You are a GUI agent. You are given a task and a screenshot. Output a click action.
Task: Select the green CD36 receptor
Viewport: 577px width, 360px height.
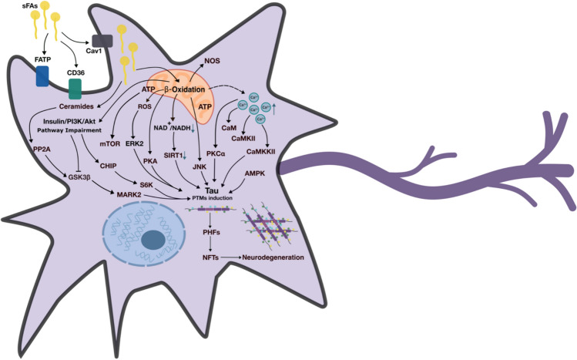75,88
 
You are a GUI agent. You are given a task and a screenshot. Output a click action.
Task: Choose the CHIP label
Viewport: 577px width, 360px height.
106,163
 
